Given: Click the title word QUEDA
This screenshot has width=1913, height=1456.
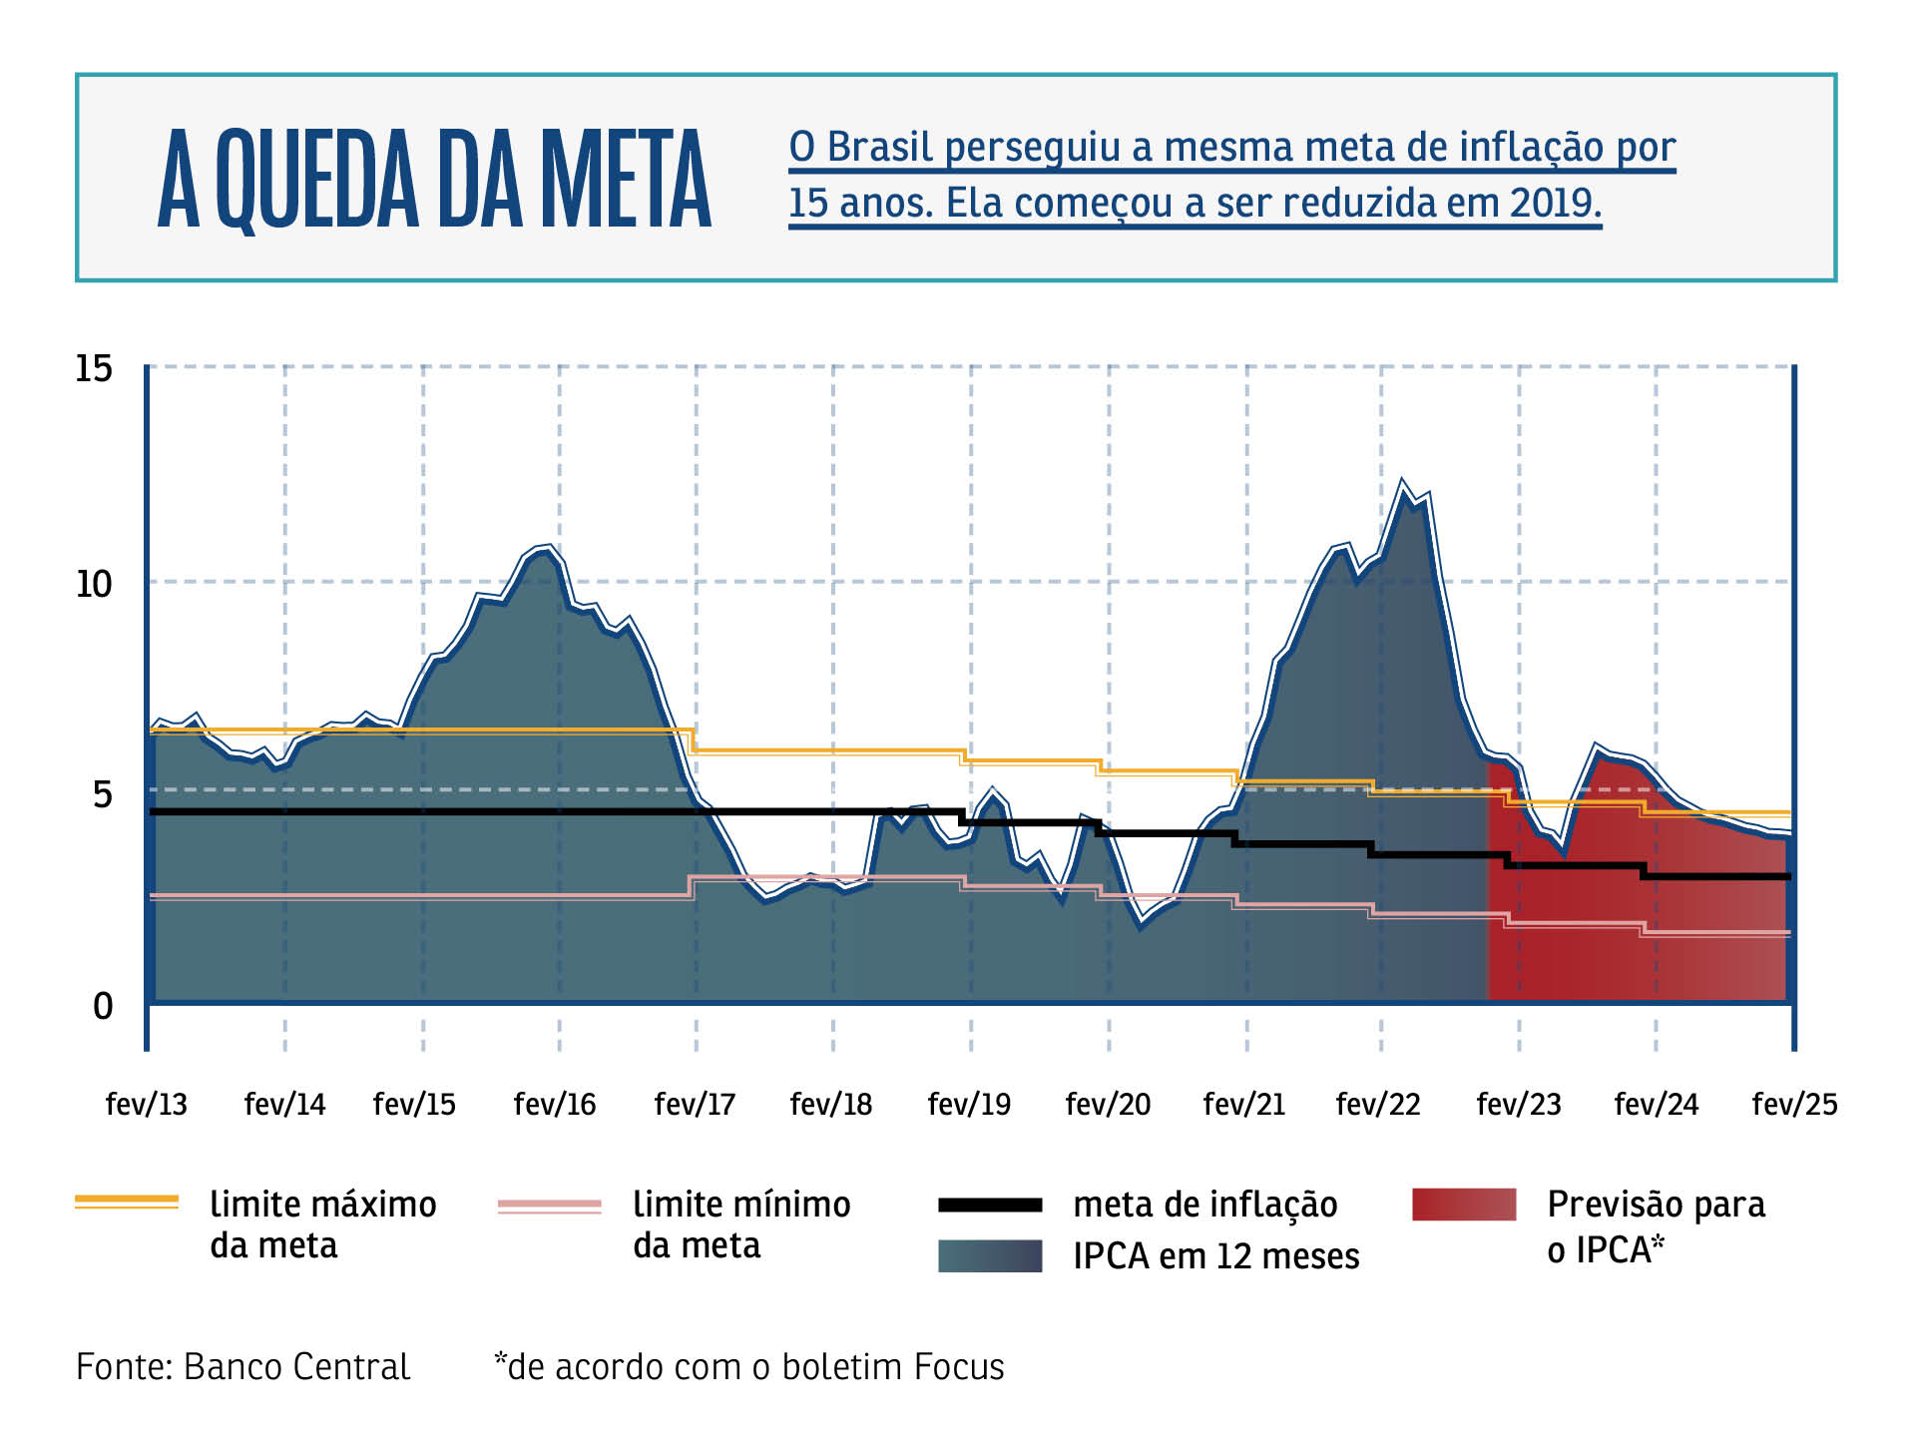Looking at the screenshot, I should (x=317, y=180).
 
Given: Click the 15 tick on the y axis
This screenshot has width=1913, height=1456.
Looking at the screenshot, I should (x=95, y=369).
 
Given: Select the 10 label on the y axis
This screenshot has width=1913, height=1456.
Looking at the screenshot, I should (x=95, y=584).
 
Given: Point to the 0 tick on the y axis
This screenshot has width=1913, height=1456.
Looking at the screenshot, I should (x=103, y=1006).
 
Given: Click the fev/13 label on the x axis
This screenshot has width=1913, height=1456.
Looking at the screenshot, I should (x=147, y=1104).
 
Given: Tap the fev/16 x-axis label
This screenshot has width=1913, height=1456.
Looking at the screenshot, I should (x=555, y=1104).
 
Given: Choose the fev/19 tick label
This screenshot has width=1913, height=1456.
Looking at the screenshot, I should (x=969, y=1104).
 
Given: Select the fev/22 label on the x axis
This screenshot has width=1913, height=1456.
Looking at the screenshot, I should (x=1378, y=1104).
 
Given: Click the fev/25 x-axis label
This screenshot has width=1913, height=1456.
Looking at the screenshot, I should (x=1794, y=1104).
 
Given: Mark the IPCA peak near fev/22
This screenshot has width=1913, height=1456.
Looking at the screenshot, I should (x=1402, y=482).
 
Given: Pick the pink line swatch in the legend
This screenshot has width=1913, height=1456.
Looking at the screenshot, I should (x=550, y=1206).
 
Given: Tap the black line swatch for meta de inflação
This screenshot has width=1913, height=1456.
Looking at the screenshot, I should (x=990, y=1206).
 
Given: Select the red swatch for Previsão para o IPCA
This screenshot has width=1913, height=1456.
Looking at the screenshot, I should (x=1464, y=1205).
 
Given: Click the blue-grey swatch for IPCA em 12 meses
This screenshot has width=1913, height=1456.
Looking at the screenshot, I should (x=990, y=1255).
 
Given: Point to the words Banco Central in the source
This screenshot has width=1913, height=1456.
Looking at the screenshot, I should (x=296, y=1366).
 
